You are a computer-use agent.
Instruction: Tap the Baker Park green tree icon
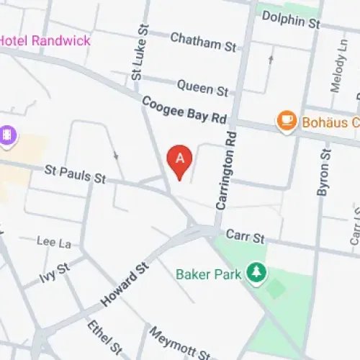(254, 272)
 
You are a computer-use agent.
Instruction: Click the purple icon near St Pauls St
(8, 135)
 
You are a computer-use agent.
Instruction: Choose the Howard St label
(125, 285)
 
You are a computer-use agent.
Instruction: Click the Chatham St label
(204, 42)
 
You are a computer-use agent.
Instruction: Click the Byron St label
(323, 174)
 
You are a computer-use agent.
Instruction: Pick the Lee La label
(54, 243)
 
